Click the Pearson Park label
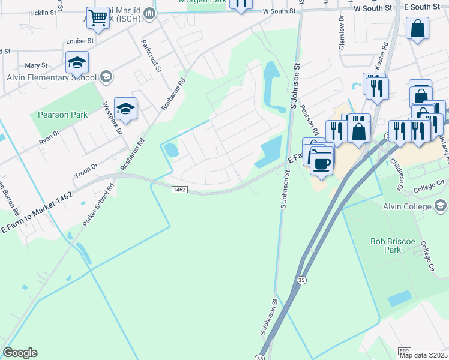pos(62,115)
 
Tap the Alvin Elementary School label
pos(51,77)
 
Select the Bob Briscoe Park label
pos(393,245)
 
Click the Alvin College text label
pos(408,206)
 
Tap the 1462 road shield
pos(179,190)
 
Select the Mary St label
pos(36,65)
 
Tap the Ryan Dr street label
pos(50,137)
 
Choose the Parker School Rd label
pos(98,205)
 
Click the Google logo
pos(20,353)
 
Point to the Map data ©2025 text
pos(423,355)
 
